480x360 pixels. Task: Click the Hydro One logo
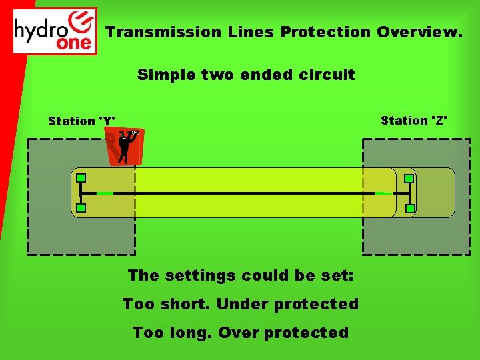(x=55, y=31)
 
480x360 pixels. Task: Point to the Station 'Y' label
(x=81, y=121)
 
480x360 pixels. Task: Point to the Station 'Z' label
(x=414, y=120)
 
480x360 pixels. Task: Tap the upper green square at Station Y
(x=81, y=178)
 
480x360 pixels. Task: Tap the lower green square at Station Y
(x=81, y=209)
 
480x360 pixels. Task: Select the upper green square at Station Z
(x=409, y=178)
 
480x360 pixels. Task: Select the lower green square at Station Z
(x=409, y=209)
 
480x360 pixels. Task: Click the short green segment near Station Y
(x=105, y=193)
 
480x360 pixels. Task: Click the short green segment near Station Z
(x=383, y=193)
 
